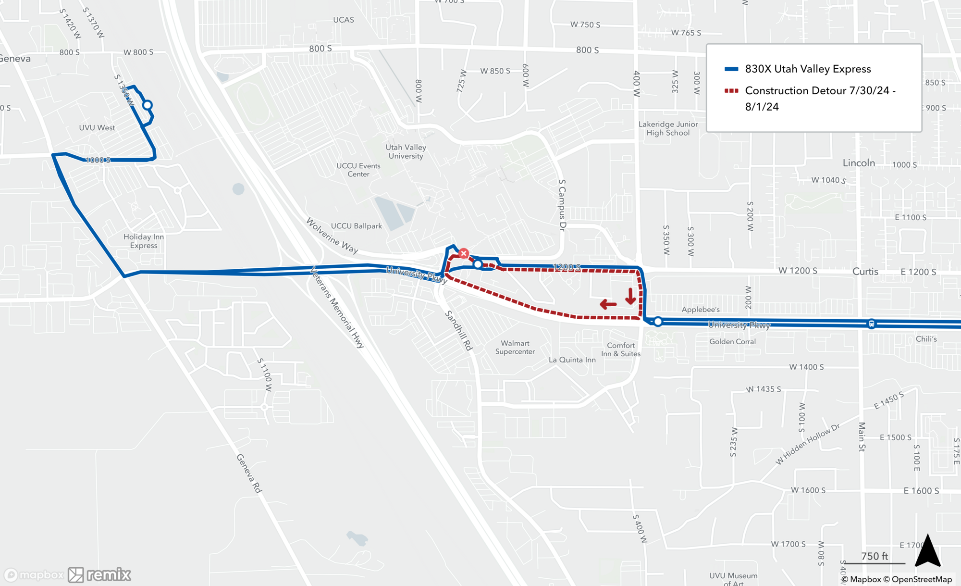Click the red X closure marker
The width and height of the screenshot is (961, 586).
click(463, 253)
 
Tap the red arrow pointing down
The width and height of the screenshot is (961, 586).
click(630, 296)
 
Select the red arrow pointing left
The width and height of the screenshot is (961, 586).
click(608, 304)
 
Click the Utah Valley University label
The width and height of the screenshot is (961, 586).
click(406, 151)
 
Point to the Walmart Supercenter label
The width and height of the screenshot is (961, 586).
click(515, 347)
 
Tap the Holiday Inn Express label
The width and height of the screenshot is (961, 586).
click(143, 241)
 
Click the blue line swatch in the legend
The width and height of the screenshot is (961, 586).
click(731, 69)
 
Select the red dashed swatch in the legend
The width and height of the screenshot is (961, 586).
click(731, 91)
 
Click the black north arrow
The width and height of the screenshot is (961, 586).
click(927, 551)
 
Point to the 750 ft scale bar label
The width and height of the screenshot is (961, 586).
click(875, 556)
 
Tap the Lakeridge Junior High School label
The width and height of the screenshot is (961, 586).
click(668, 128)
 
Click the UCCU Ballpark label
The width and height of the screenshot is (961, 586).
click(356, 226)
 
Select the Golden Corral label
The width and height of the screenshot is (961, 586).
click(732, 341)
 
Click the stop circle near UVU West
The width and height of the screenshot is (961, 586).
click(148, 105)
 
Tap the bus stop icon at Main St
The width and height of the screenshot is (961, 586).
click(871, 324)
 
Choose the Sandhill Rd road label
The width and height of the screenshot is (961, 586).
click(459, 330)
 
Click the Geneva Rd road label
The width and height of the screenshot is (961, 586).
click(249, 474)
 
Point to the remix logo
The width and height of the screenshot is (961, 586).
click(99, 574)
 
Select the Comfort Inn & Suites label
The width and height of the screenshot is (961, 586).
click(620, 349)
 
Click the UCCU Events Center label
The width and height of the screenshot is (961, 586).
click(358, 170)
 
